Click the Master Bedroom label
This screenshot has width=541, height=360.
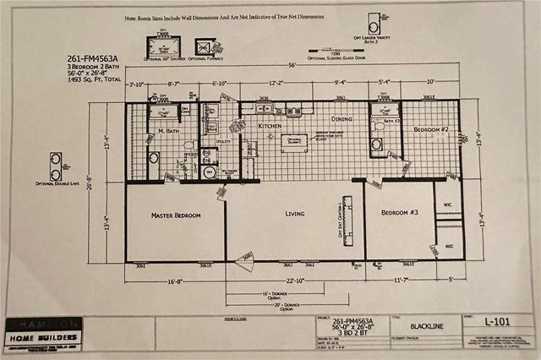tap(176, 215)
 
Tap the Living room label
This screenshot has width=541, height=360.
tap(294, 213)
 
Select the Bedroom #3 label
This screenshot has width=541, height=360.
tap(400, 211)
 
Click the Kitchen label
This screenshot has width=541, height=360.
tap(269, 125)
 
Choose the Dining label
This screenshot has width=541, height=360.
tap(342, 119)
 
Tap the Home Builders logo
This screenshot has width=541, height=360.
tap(43, 334)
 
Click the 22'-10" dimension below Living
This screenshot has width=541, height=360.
tap(294, 281)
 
